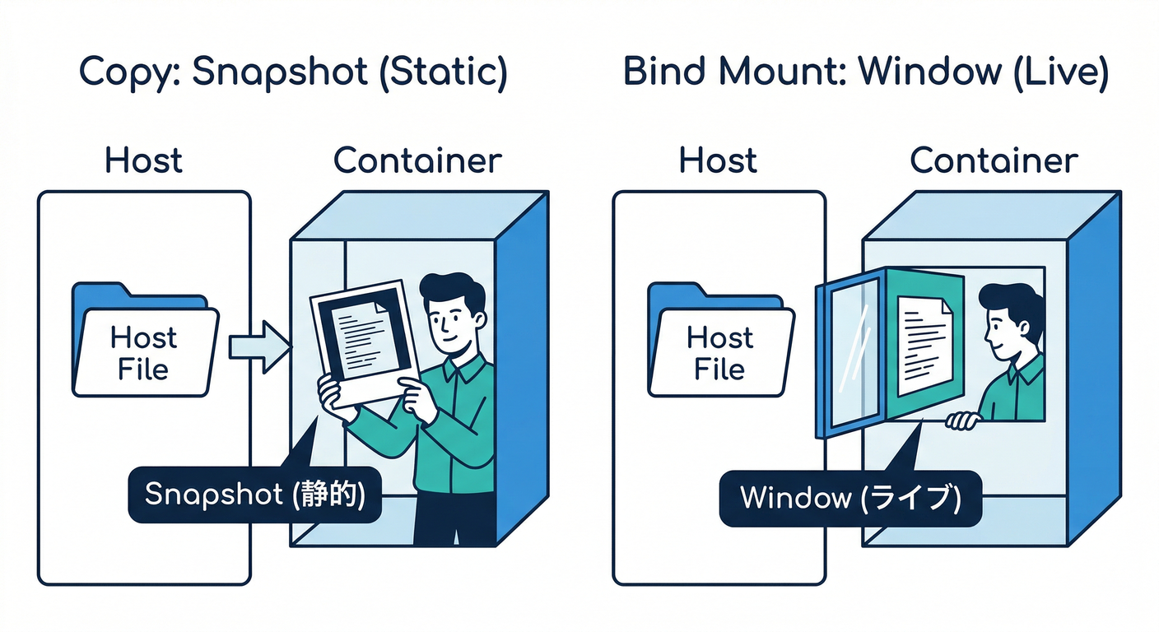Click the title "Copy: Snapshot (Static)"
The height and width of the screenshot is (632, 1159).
pos(293,72)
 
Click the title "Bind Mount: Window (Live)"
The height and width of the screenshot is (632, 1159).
pos(866,72)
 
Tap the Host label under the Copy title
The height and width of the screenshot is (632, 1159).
pos(143,160)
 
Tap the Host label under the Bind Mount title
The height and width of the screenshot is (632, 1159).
pos(718,160)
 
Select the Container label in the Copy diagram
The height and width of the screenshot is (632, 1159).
pos(417,160)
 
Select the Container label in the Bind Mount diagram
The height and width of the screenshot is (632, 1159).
pos(994,160)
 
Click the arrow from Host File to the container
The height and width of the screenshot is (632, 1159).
pos(259,346)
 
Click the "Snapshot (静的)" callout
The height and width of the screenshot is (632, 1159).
pos(254,494)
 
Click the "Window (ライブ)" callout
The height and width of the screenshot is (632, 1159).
pos(849,498)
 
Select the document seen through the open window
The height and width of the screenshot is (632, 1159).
pos(924,346)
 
